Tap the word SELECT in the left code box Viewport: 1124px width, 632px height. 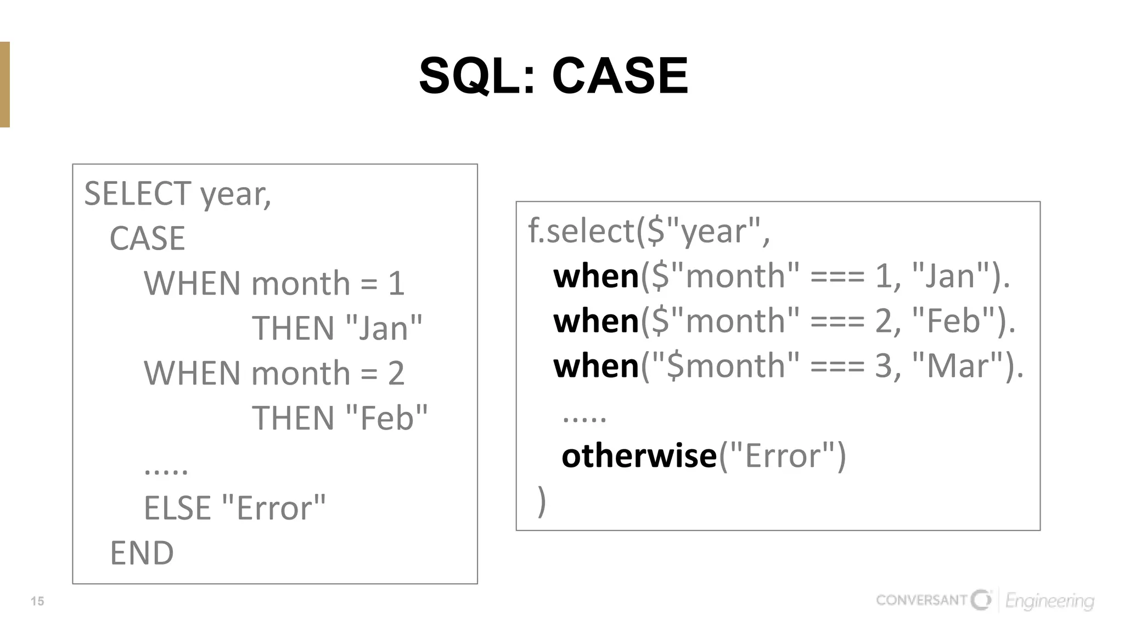[x=137, y=194]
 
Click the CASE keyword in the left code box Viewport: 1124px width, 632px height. [x=147, y=239]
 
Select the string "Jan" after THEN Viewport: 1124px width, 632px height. [x=385, y=328]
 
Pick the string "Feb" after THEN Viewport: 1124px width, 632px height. [x=387, y=418]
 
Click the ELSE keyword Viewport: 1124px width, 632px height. [x=177, y=508]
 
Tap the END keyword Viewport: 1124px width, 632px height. [x=142, y=553]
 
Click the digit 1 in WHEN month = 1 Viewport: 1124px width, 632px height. [x=396, y=284]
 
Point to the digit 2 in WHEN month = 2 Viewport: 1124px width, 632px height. [x=396, y=374]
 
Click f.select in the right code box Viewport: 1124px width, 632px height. [x=581, y=230]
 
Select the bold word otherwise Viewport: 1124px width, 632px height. [x=639, y=456]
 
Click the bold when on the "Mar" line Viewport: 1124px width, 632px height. [x=596, y=366]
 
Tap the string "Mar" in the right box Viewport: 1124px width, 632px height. [x=958, y=366]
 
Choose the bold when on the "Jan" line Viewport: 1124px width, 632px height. [x=596, y=276]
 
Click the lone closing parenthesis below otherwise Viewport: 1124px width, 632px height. [x=542, y=500]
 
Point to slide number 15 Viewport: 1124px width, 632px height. [x=37, y=601]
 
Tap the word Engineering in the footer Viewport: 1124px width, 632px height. [x=1049, y=601]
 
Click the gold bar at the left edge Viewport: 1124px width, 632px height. [x=5, y=84]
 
